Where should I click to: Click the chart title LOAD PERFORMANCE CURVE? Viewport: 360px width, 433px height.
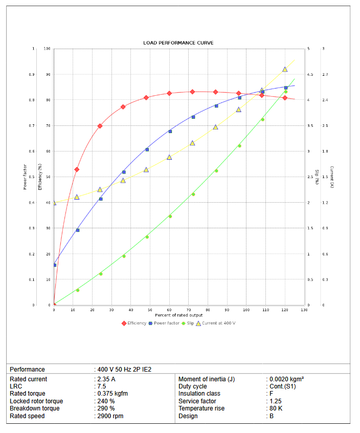tap(178, 42)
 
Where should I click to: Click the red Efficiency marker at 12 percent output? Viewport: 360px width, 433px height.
tap(77, 169)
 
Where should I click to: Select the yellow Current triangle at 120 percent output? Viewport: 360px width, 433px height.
tap(285, 69)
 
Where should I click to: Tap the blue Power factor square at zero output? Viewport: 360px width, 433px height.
tap(55, 265)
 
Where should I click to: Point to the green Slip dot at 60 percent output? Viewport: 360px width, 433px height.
tap(170, 216)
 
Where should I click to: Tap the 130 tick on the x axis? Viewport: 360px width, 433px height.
tap(304, 310)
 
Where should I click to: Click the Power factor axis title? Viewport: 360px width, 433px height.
tap(25, 177)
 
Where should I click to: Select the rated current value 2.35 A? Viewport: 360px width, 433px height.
tap(106, 379)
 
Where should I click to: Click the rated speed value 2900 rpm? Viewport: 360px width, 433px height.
tap(110, 416)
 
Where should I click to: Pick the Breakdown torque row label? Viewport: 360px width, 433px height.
tap(34, 408)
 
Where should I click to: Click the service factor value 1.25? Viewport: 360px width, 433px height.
tap(275, 401)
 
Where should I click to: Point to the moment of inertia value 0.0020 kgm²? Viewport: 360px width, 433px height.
tap(286, 379)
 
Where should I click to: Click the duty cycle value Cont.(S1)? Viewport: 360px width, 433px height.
tap(283, 386)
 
